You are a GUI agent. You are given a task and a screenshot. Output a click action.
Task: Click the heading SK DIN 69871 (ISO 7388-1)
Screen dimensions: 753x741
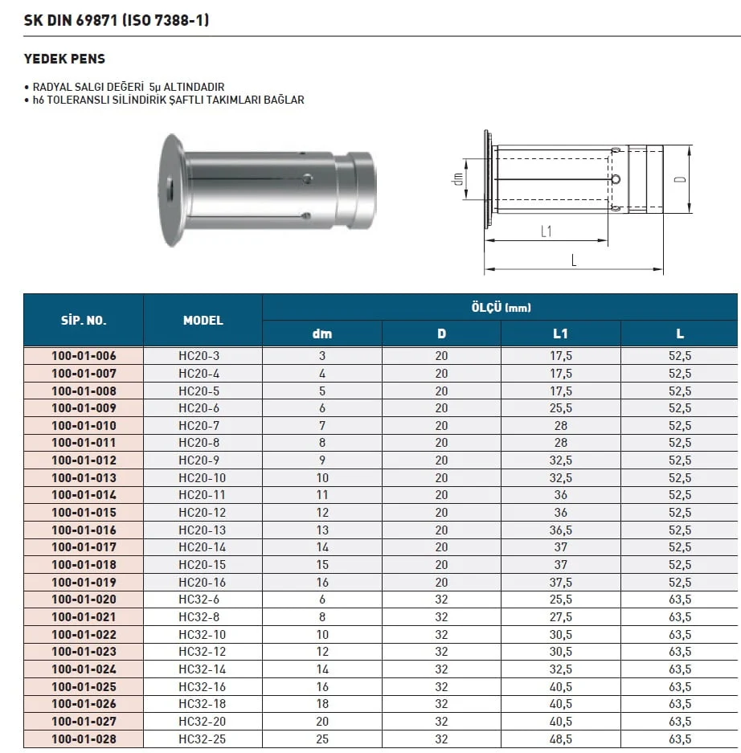point(116,19)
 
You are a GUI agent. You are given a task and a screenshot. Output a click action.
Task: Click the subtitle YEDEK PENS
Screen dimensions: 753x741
point(64,59)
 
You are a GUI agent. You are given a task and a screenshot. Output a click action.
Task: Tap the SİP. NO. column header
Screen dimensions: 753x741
point(84,320)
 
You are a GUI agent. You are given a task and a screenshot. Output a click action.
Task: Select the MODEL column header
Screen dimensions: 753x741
point(203,320)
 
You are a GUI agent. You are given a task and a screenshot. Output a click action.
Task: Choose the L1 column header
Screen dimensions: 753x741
point(560,334)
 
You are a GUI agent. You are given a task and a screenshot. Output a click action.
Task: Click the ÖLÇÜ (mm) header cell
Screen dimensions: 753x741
point(500,307)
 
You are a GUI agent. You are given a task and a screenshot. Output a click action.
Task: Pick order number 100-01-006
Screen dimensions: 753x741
point(84,356)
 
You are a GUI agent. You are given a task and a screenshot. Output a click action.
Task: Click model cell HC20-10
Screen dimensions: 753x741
point(203,478)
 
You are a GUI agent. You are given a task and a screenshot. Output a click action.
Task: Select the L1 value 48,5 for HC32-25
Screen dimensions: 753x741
point(560,739)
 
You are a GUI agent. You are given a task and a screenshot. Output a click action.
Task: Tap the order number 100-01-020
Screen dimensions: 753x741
point(84,600)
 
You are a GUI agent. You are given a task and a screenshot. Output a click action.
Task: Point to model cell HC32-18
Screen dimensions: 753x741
point(203,705)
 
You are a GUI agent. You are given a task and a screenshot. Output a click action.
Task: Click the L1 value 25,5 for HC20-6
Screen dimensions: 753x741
point(560,408)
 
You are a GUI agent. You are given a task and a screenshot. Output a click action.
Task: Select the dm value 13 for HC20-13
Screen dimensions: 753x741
point(322,530)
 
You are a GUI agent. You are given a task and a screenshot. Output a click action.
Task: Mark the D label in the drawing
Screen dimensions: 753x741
point(679,178)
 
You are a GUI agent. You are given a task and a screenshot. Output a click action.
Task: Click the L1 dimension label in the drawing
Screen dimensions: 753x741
point(546,232)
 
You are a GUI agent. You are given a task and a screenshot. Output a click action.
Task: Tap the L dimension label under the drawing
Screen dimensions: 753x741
point(573,260)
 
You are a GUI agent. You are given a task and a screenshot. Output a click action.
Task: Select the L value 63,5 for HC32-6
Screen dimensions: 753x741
point(680,600)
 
